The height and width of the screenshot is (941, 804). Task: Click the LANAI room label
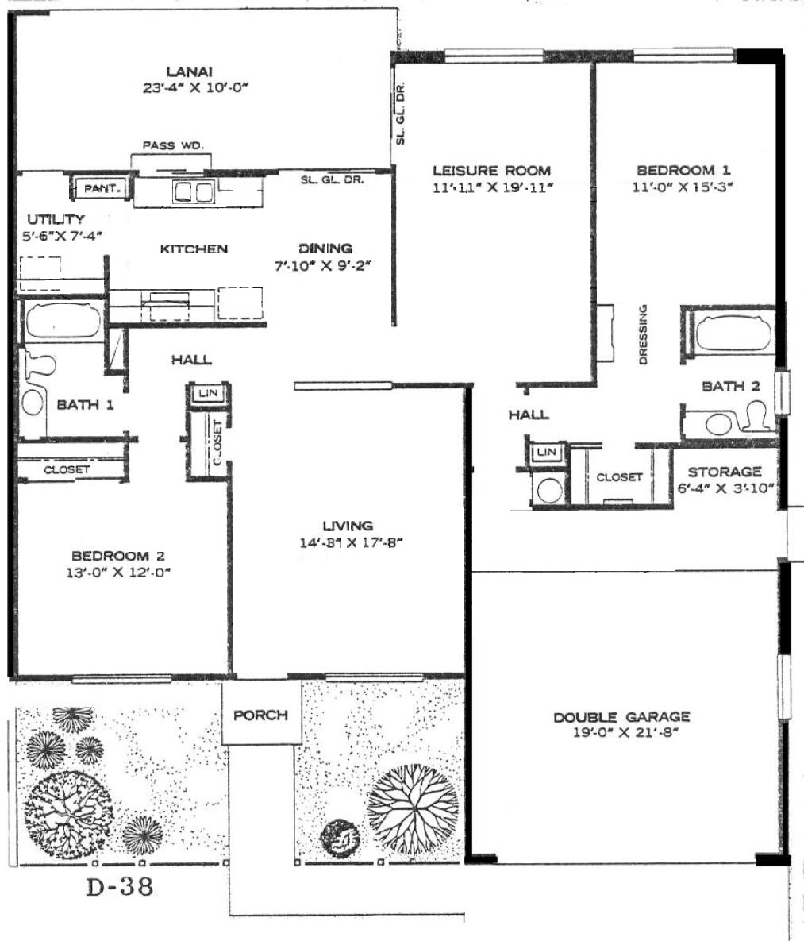click(x=190, y=71)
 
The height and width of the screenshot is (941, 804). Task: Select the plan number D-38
click(x=120, y=885)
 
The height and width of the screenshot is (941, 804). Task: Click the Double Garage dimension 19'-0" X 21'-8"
click(x=621, y=732)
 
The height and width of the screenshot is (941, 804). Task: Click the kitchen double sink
click(x=193, y=192)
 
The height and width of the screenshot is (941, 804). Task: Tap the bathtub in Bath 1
click(x=63, y=322)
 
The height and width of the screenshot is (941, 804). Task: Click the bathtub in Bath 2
click(x=733, y=330)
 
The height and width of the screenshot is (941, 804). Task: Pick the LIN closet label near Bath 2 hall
click(x=547, y=451)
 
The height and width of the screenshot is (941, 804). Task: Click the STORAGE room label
click(x=725, y=472)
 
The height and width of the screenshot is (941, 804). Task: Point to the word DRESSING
click(x=643, y=334)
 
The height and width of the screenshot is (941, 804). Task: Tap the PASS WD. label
click(x=173, y=145)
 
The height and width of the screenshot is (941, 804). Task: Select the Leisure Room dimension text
click(x=492, y=187)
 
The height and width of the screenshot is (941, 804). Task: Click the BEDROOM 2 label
click(x=118, y=557)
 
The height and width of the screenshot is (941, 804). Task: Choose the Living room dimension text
click(x=350, y=543)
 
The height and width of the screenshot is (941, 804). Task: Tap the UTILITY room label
click(x=56, y=219)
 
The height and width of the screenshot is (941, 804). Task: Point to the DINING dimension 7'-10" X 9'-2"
click(x=322, y=265)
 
